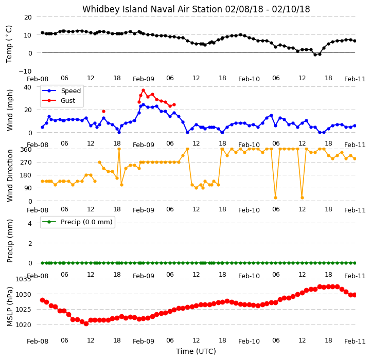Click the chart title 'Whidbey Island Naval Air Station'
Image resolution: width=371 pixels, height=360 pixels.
[152, 9]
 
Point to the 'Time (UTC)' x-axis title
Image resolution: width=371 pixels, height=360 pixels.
[196, 351]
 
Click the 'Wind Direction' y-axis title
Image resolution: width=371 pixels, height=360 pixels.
[10, 175]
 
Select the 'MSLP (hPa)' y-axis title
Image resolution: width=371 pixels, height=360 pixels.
[10, 307]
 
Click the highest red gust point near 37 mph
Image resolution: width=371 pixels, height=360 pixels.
[143, 91]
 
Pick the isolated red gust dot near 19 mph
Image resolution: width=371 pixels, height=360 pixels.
[103, 111]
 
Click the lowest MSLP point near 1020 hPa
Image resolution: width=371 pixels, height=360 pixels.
[86, 324]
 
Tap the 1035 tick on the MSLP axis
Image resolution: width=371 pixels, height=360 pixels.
[24, 279]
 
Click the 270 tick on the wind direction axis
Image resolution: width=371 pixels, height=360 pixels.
[27, 163]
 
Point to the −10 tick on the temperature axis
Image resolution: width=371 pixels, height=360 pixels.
[25, 71]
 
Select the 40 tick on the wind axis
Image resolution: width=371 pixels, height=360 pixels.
[27, 87]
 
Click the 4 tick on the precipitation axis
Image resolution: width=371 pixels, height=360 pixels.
[29, 223]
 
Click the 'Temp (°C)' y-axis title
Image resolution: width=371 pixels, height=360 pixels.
[9, 44]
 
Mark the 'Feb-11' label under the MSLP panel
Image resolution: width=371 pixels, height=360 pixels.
[355, 341]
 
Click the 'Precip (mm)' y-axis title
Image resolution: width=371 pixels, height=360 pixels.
[10, 241]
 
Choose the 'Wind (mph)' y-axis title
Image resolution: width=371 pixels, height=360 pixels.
[10, 110]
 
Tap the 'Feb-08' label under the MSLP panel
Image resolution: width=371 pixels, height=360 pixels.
[38, 341]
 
